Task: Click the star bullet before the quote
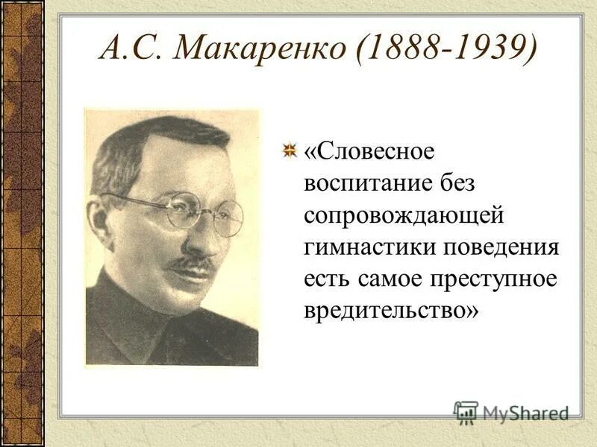click(x=289, y=151)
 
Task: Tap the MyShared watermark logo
click(x=511, y=412)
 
